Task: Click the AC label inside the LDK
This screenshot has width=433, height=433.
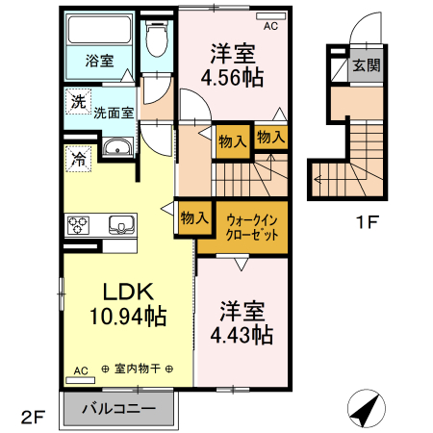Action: [x=81, y=369]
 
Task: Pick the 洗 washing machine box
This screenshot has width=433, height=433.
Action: [x=74, y=99]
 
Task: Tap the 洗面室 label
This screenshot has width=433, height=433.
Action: [x=114, y=112]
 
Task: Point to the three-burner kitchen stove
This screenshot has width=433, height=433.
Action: [x=79, y=225]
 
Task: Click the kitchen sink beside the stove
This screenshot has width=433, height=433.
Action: [x=122, y=225]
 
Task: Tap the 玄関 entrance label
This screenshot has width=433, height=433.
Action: [x=365, y=65]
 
